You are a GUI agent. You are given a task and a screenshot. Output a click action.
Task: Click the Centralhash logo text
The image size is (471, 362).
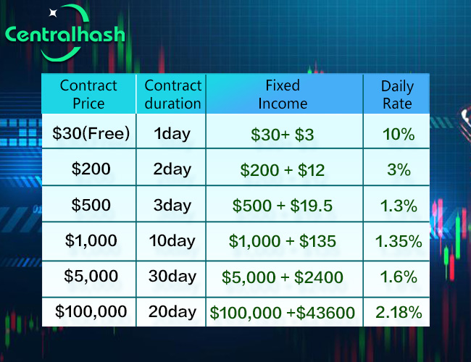tap(65, 34)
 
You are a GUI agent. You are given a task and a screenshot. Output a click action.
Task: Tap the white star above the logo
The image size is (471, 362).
tap(53, 12)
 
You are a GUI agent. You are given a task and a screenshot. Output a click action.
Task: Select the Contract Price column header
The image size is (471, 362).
tap(88, 94)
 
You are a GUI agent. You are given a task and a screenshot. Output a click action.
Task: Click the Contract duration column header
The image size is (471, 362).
tap(172, 94)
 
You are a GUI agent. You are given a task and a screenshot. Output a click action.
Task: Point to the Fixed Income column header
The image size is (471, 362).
tap(283, 94)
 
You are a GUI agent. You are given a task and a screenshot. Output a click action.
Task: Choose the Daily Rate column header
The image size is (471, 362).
tap(397, 94)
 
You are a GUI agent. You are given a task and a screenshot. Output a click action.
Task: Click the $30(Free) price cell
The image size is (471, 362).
tap(91, 133)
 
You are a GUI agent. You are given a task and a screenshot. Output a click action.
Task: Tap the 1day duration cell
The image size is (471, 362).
tap(172, 133)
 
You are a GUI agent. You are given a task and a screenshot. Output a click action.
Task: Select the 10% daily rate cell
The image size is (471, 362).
tap(399, 134)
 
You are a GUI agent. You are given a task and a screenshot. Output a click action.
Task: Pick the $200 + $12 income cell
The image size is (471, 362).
tap(283, 170)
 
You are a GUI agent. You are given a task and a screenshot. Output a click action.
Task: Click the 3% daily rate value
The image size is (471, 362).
tap(399, 169)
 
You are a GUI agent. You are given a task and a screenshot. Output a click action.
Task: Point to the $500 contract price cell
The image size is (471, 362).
tap(91, 205)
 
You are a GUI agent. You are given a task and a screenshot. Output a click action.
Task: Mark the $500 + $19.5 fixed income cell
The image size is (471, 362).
tap(283, 206)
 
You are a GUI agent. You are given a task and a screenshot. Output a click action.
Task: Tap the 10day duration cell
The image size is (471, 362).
tap(172, 241)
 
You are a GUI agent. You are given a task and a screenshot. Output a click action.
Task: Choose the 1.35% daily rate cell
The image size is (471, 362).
tap(399, 241)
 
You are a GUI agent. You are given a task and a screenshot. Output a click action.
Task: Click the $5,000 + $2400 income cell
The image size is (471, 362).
tap(283, 277)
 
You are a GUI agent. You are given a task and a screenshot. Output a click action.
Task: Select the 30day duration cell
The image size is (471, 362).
tap(172, 276)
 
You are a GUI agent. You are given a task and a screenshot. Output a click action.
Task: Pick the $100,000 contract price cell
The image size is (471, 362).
tap(91, 311)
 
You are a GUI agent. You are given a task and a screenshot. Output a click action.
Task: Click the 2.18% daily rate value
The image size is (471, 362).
tap(399, 312)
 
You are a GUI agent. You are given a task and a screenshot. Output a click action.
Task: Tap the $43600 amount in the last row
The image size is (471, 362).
tap(325, 313)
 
